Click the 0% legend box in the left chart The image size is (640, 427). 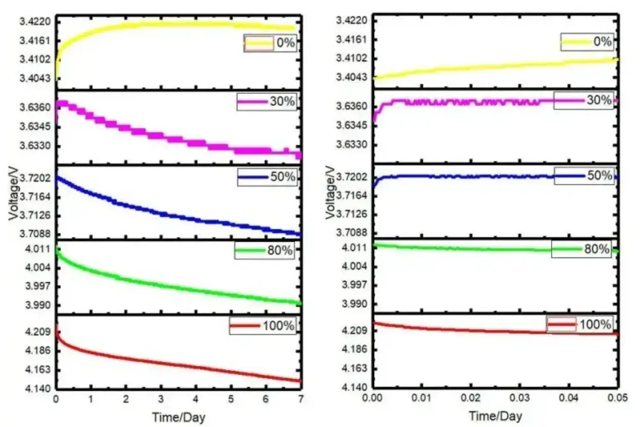pos(270,43)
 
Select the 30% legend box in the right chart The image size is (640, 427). pos(584,101)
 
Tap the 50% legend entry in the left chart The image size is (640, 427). pos(267,177)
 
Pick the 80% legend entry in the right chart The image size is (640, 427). pos(582,249)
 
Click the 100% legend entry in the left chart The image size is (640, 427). pos(262,326)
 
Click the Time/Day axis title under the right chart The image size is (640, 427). pos(495,416)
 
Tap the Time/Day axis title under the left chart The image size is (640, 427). pos(179,417)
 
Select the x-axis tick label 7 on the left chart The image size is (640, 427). pos(301,399)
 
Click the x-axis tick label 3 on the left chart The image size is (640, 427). pos(161,399)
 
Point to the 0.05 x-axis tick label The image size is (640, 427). pos(617,398)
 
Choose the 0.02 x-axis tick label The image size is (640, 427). pos(470,398)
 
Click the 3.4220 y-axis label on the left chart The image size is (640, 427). pos(35,21)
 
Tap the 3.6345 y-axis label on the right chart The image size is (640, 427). pos(352,125)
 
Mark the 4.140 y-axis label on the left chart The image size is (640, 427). pos(38,389)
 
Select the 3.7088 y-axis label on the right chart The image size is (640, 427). pos(352,233)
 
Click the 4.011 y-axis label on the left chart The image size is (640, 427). pos(38,249)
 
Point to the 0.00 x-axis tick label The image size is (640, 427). pos(372,398)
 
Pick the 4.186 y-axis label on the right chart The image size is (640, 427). pos(355,349)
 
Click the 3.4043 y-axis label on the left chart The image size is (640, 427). pos(35,78)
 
